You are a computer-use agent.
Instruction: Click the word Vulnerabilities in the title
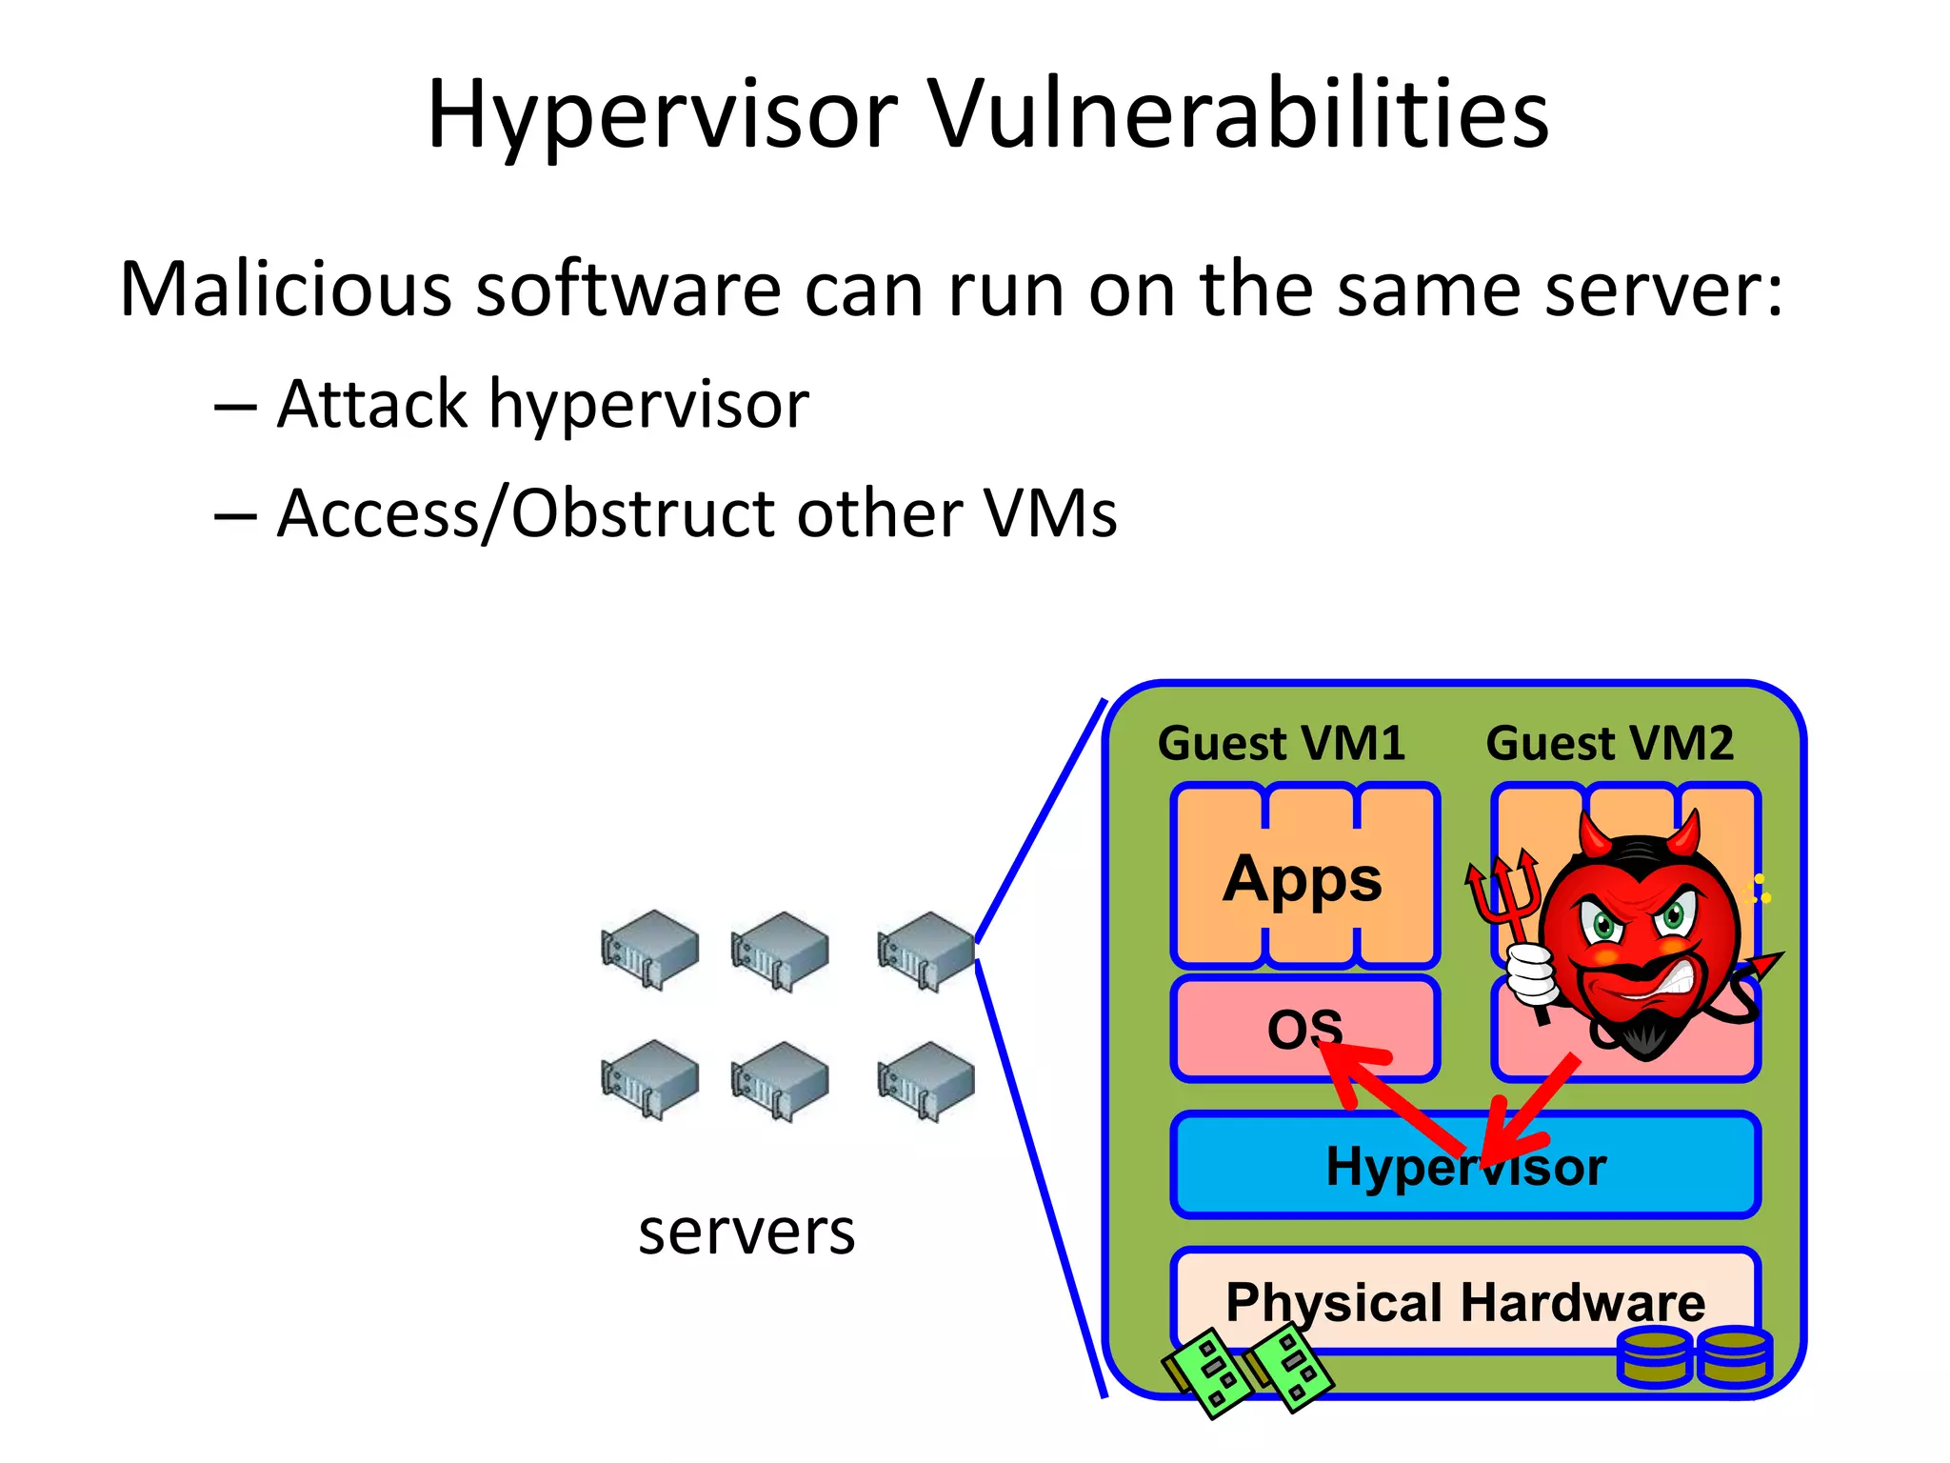1238,114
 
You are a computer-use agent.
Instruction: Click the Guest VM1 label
1281,743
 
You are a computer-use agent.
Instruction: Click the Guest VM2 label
1609,743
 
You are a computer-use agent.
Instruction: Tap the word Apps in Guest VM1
1303,878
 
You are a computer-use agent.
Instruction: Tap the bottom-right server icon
925,1080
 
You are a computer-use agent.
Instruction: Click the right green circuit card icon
1290,1369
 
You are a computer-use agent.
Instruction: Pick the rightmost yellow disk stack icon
1735,1356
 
